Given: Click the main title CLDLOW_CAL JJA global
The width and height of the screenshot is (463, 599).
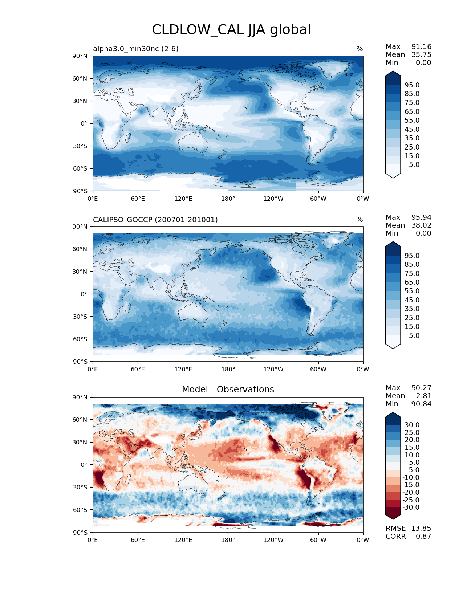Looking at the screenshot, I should pos(231,30).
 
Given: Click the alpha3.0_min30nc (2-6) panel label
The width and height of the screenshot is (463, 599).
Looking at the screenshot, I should pos(136,49).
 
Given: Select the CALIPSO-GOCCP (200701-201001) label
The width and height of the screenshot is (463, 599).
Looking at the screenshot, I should pos(155,220).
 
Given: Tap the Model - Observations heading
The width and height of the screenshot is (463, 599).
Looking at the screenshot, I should pos(228,390).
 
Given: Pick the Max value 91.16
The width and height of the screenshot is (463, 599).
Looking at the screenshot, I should pos(421,46).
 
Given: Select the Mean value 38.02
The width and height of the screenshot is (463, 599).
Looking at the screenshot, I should pos(421,225).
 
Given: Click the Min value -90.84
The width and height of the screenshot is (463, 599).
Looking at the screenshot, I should pos(420,404).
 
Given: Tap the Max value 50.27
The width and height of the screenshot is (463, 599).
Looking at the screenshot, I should pos(421,388).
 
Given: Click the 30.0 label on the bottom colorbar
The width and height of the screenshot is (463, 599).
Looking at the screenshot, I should pos(412,425).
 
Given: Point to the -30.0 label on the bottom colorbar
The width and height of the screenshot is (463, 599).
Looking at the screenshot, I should pos(411,507).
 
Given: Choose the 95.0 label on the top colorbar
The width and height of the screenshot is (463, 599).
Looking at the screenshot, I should pos(412,85).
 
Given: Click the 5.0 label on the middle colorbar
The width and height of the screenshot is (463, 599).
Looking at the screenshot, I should pos(414,335).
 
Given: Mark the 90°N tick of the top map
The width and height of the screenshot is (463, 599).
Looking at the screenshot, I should pos(80,56).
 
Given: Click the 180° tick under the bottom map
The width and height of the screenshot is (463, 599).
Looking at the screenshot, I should pos(228,540).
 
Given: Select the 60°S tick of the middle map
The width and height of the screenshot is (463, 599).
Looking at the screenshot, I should pos(80,339).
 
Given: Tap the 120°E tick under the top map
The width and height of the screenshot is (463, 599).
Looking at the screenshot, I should pos(183,199).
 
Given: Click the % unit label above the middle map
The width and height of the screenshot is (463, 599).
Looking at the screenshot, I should pos(360,220).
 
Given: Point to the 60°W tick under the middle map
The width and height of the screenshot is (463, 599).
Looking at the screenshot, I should pos(318,369).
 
